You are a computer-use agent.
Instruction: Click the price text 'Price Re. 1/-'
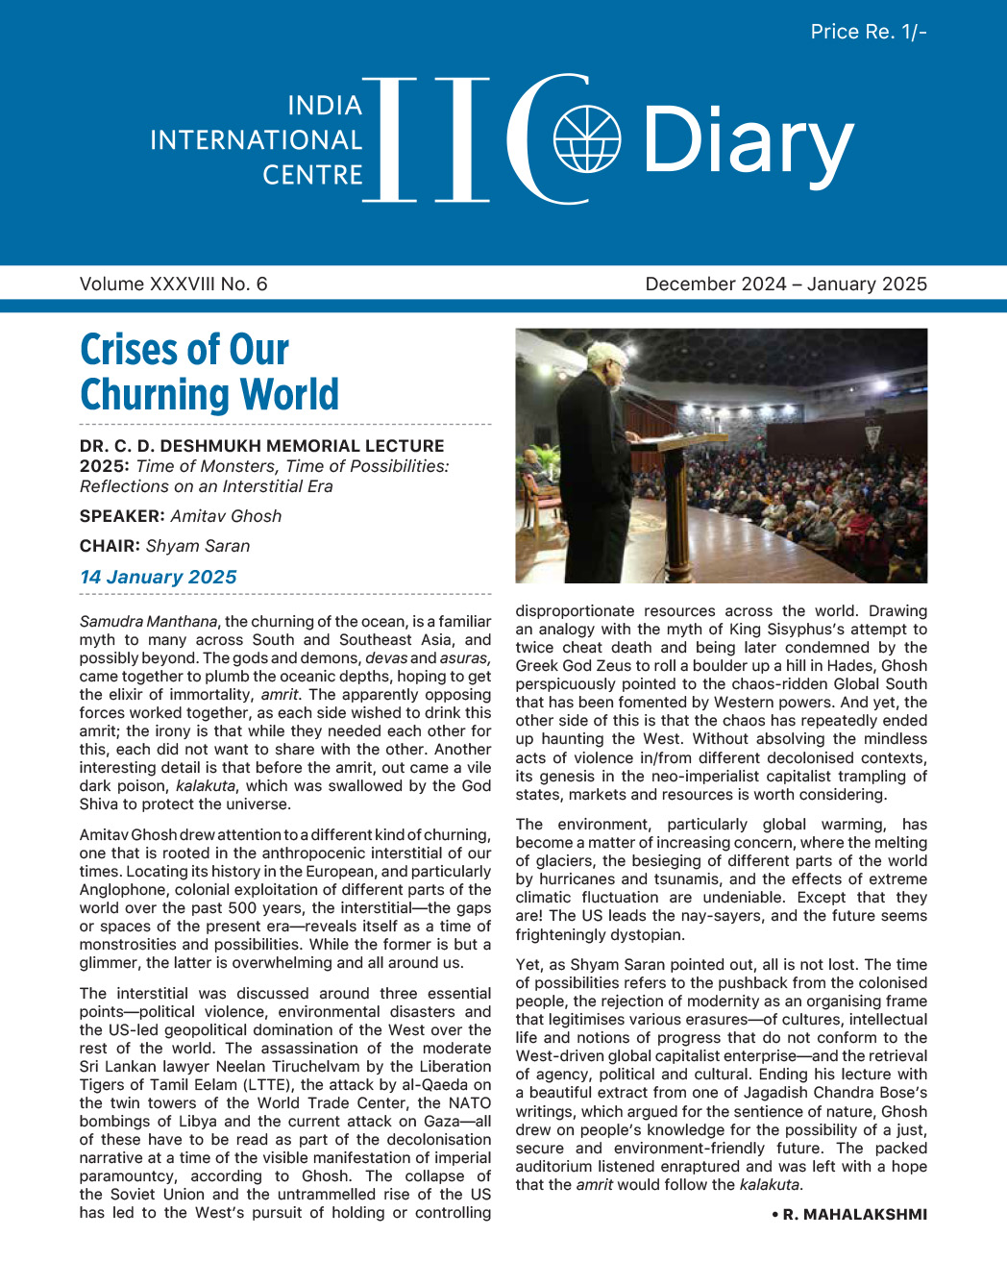click(868, 32)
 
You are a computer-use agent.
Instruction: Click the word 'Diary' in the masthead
click(747, 142)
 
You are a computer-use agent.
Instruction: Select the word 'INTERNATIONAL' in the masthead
click(256, 140)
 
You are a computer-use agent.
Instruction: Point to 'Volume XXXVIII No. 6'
click(174, 284)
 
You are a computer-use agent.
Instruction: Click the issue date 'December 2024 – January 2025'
click(785, 284)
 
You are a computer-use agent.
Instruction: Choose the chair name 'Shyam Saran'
click(197, 546)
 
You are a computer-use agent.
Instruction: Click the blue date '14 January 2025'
click(159, 577)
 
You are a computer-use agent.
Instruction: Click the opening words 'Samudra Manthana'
click(148, 622)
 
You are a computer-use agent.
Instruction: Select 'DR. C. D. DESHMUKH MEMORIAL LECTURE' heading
click(262, 446)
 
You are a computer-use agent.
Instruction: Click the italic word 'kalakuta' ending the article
click(769, 1185)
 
